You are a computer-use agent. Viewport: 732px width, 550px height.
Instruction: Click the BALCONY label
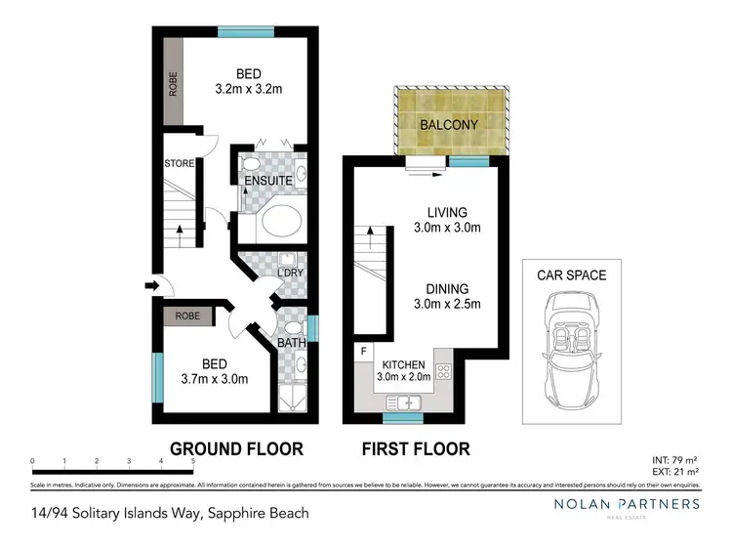(449, 125)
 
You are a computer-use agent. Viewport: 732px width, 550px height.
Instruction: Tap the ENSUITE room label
(263, 181)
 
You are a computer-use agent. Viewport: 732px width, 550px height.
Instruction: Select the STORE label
(180, 163)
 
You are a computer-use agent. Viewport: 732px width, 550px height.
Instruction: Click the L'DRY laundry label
(291, 274)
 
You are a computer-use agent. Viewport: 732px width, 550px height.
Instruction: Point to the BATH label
(291, 343)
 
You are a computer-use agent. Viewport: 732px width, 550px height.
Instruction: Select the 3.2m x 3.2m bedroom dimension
(248, 90)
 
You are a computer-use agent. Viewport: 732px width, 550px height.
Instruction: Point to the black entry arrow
(150, 286)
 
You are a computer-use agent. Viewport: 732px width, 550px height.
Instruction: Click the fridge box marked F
(364, 350)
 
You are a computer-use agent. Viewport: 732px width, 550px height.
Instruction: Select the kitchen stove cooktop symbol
(443, 371)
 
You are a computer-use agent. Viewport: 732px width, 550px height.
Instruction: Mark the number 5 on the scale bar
(193, 461)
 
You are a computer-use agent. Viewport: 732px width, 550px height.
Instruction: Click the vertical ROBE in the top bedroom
(174, 83)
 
